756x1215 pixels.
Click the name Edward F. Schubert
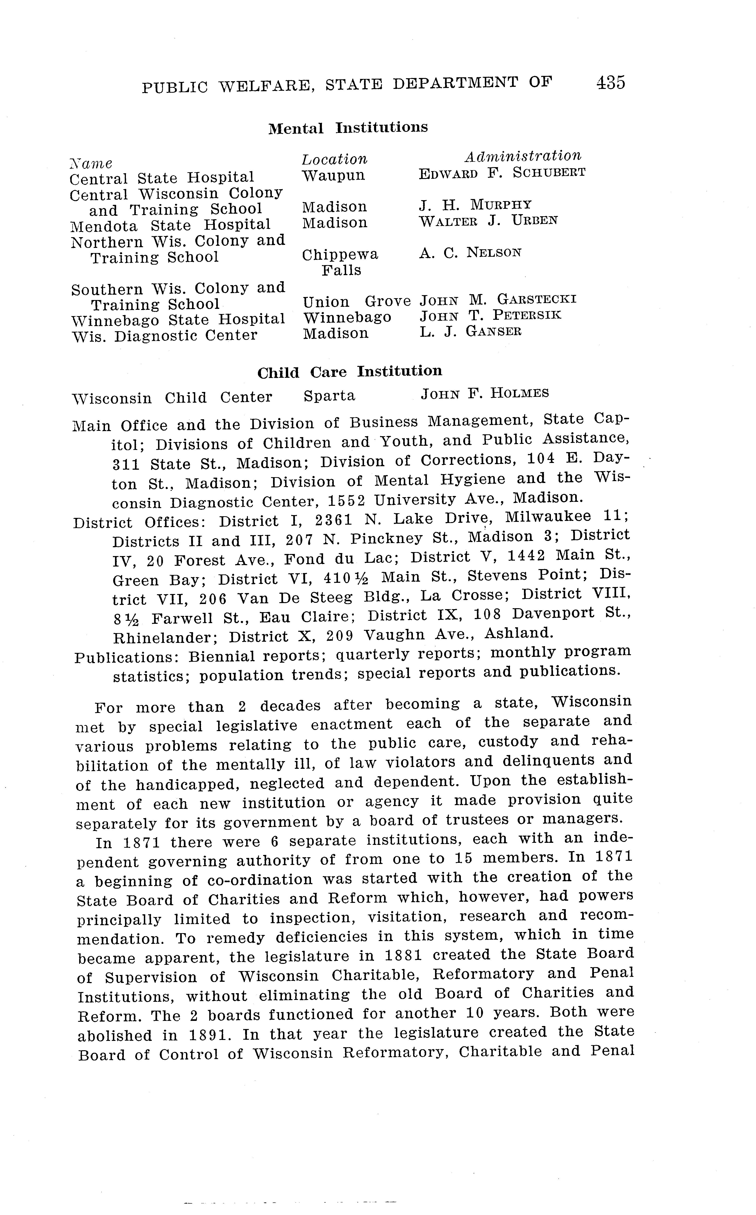[x=502, y=173]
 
